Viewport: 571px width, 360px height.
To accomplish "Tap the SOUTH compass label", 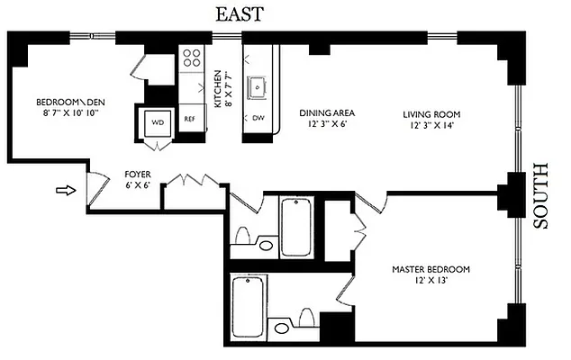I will coord(541,196).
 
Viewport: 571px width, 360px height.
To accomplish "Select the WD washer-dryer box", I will coord(157,121).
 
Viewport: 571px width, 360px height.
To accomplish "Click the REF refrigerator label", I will coord(190,119).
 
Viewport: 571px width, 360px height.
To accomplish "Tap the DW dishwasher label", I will coord(258,118).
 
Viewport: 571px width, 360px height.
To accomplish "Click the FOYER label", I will coord(137,174).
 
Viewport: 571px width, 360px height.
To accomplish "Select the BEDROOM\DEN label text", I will coord(68,102).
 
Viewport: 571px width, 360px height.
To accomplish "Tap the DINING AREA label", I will coord(327,113).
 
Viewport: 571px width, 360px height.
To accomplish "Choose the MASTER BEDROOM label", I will coord(431,269).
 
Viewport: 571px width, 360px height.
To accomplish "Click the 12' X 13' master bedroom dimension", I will coord(431,281).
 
